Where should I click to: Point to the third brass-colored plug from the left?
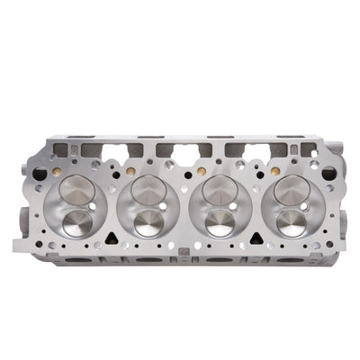[200, 168]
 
